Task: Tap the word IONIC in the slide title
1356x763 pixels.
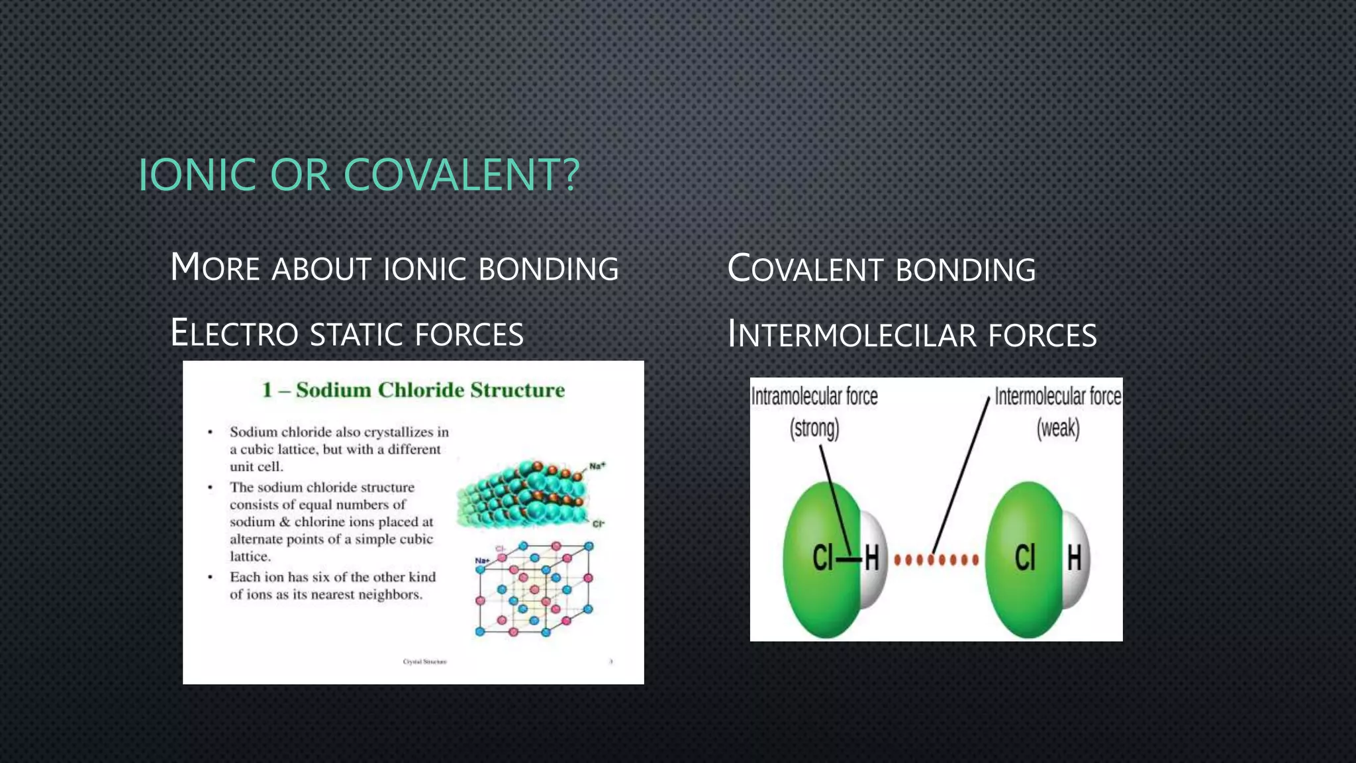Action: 197,175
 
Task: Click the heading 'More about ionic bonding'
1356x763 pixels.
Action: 394,268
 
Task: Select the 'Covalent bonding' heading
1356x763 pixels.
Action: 881,270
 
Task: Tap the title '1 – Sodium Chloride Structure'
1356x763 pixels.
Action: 413,390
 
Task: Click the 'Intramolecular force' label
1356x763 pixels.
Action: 814,397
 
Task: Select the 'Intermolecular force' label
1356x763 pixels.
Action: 1057,397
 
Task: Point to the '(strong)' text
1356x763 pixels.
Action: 814,429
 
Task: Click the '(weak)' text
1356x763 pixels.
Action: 1057,429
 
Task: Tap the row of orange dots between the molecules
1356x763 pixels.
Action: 936,560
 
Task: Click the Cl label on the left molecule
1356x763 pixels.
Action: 822,558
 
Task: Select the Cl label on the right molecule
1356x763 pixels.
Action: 1024,558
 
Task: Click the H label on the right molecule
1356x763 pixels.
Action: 1074,558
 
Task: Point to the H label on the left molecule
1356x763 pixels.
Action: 871,558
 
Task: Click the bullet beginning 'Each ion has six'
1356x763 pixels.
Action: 332,585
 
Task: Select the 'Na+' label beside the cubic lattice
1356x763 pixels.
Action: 481,561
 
